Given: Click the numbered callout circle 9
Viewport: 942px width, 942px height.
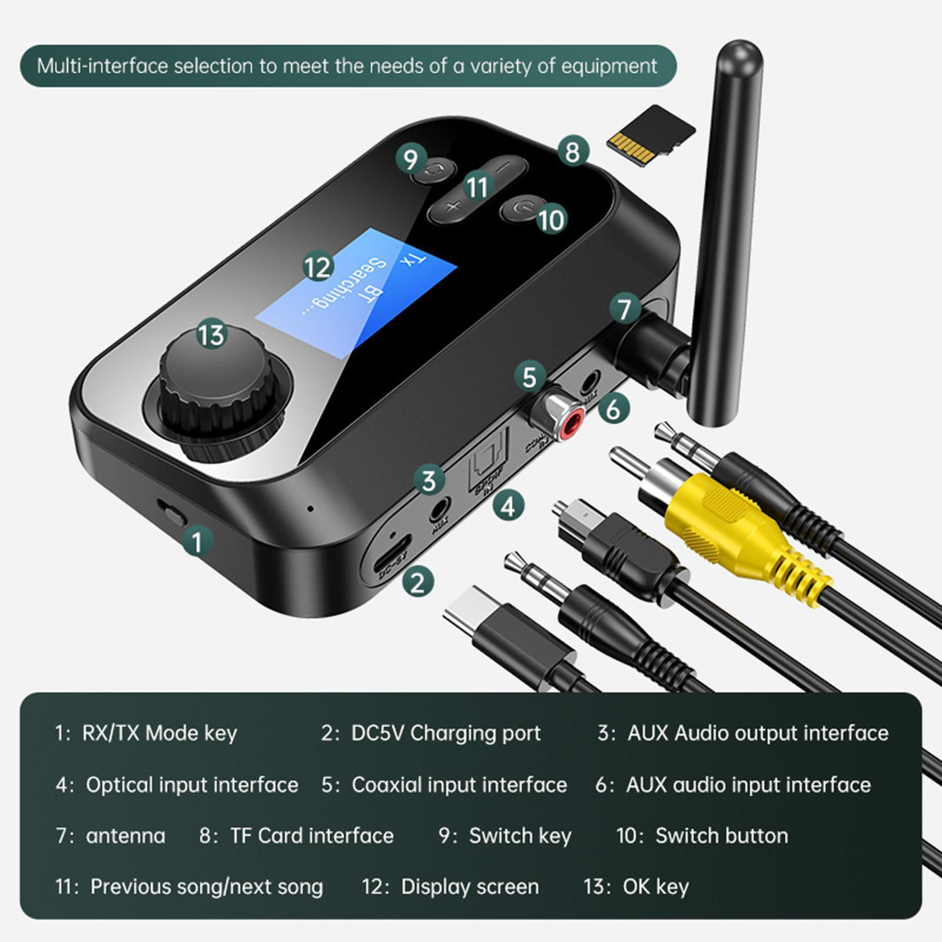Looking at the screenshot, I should [x=410, y=160].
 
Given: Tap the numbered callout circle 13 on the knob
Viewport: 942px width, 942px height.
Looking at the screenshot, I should [x=211, y=334].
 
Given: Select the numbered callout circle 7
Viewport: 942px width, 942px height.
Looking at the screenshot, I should [x=624, y=309].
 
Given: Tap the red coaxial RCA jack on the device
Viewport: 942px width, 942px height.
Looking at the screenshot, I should [x=570, y=426].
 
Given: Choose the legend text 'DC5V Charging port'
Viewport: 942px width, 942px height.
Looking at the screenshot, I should [x=445, y=733].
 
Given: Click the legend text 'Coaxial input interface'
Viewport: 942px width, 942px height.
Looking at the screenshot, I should [x=459, y=785].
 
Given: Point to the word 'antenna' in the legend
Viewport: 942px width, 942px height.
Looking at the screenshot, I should [x=125, y=836].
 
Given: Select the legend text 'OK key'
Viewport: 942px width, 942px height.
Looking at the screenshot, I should [x=655, y=887].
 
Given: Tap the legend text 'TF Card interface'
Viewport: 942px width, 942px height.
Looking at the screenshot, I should [x=311, y=836].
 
